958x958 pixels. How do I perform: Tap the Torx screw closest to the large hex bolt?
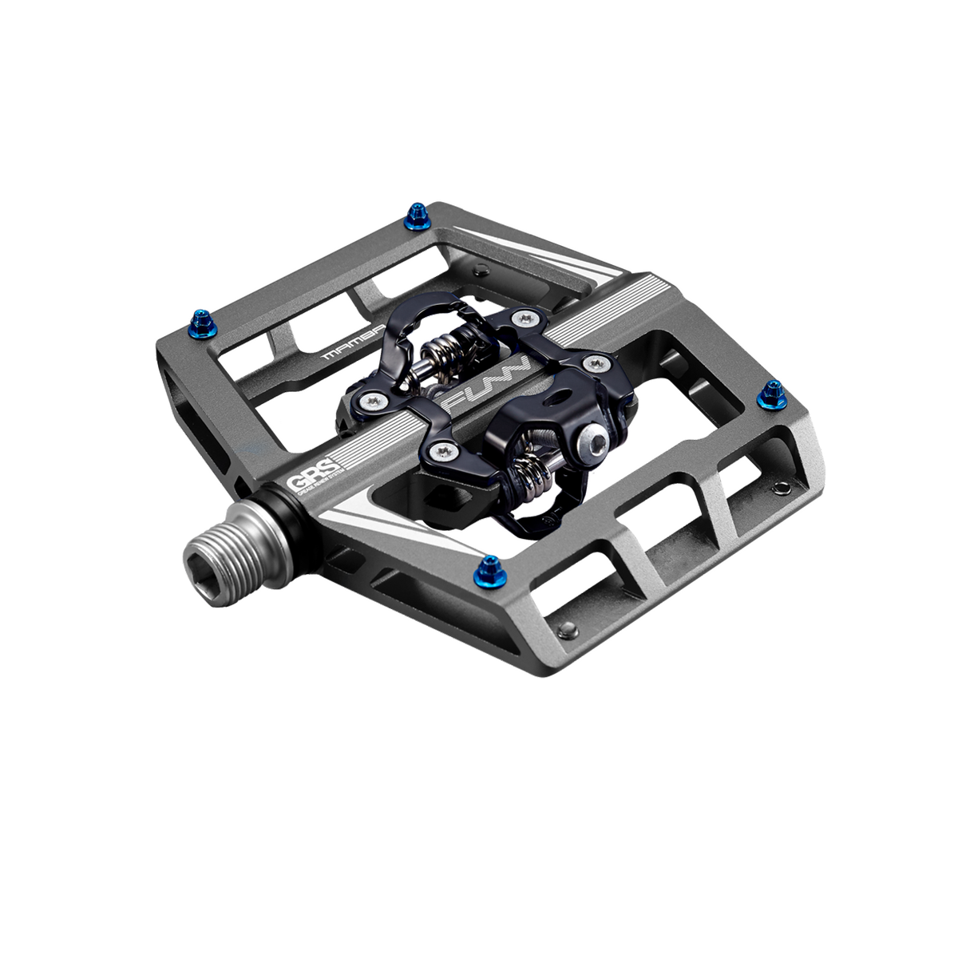[x=592, y=364]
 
